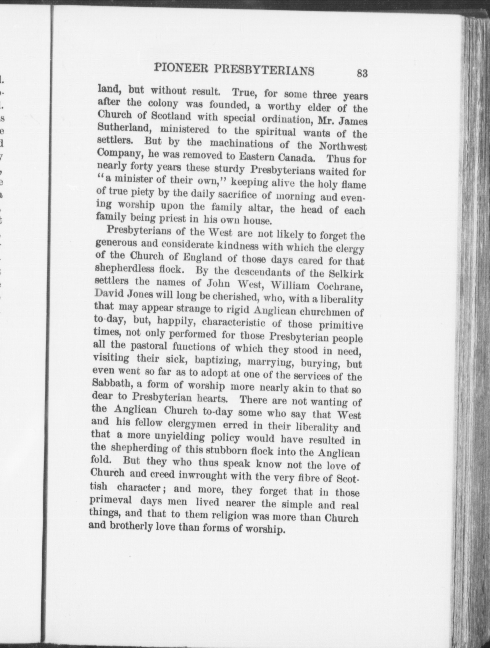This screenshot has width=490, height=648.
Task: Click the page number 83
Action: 362,73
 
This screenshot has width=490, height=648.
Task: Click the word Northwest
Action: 342,147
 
